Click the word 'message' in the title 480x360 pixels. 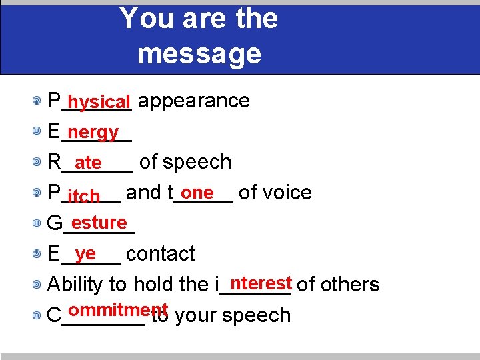[x=199, y=53]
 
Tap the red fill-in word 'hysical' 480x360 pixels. [x=99, y=102]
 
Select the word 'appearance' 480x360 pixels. [x=194, y=101]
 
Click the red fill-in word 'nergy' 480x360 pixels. [x=93, y=132]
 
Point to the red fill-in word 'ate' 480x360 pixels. [x=88, y=163]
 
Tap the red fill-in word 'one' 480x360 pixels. [x=197, y=192]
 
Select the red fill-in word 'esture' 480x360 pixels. [x=99, y=222]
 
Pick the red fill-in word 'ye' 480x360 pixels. [x=86, y=253]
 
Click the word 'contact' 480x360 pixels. [x=160, y=254]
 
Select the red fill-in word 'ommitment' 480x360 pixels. [x=117, y=310]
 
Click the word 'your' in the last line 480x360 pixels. [x=195, y=315]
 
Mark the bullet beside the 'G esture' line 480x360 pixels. [x=41, y=224]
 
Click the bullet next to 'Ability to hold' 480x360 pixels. [x=41, y=285]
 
